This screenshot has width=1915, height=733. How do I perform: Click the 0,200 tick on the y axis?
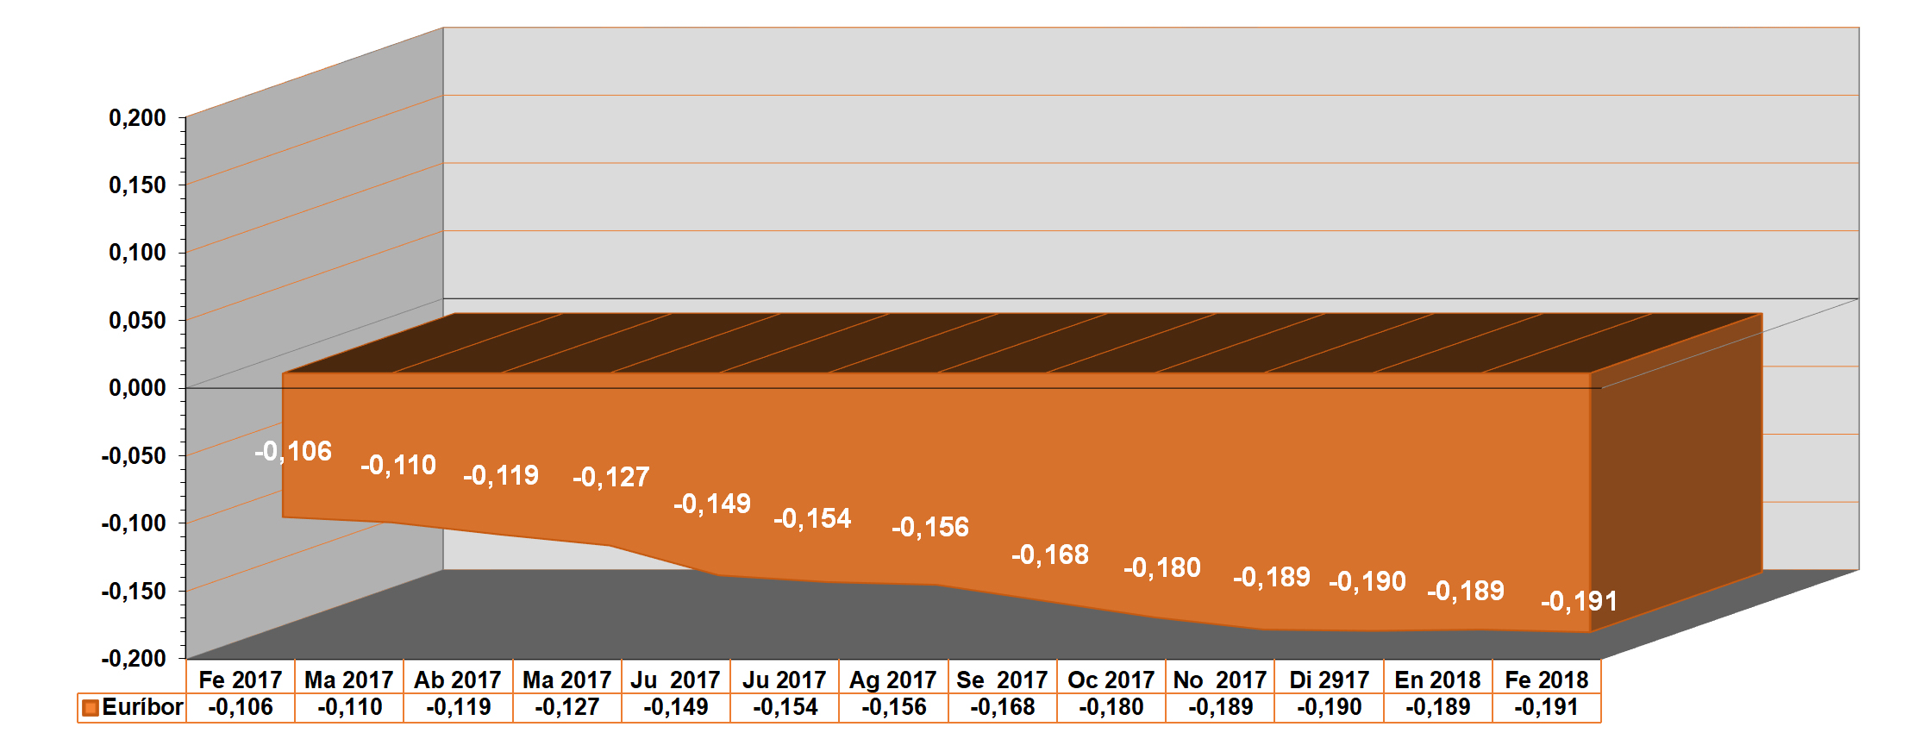pos(137,117)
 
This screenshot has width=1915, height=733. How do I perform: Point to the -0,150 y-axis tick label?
pos(134,591)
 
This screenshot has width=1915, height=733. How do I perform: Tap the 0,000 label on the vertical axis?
pos(137,388)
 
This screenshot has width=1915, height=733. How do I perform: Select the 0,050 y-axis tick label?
pos(137,321)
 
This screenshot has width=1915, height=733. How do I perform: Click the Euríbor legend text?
pos(142,707)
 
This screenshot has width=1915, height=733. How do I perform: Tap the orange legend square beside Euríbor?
pos(90,708)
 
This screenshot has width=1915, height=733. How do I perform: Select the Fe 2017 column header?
pos(241,680)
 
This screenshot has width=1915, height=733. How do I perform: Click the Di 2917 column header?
pos(1329,680)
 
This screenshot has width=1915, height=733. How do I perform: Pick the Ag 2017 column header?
pos(892,680)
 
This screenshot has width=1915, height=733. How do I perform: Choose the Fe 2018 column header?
pos(1546,680)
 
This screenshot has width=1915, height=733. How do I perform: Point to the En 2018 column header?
pos(1437,680)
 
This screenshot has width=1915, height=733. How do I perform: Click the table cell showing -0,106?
pos(241,707)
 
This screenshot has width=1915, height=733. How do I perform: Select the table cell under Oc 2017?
pos(1111,707)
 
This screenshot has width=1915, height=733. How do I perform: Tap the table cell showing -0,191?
pos(1546,707)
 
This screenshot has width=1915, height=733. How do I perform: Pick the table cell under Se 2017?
pos(1002,707)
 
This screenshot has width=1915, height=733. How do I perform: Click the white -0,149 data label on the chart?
pos(712,504)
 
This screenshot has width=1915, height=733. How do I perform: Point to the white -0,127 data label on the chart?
pos(611,477)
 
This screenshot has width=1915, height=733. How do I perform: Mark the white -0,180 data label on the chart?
pos(1162,567)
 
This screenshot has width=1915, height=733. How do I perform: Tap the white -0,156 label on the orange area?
pos(930,527)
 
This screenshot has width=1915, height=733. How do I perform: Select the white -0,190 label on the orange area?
pos(1367,581)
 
